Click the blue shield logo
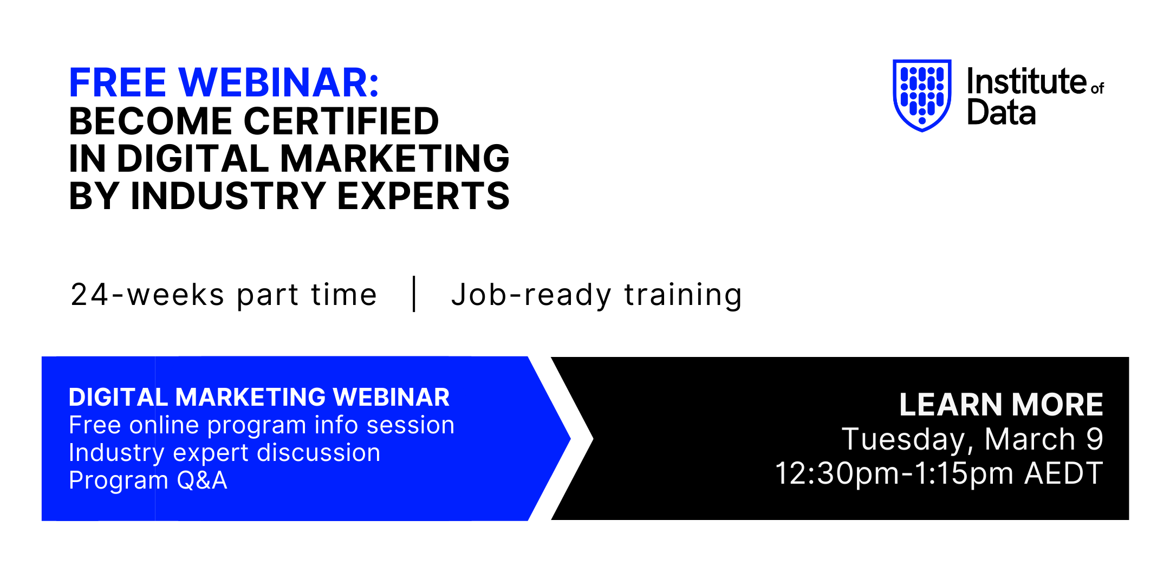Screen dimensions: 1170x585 click(x=922, y=95)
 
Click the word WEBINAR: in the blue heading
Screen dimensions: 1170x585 click(x=279, y=83)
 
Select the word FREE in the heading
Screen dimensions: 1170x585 click(x=118, y=83)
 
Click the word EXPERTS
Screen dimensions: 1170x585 click(x=424, y=196)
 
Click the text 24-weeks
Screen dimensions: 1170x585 click(x=147, y=295)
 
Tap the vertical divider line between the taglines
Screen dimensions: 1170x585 click(x=414, y=294)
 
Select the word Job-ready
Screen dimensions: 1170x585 click(x=531, y=296)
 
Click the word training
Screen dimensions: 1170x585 click(x=683, y=296)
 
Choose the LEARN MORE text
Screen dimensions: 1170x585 click(x=1001, y=404)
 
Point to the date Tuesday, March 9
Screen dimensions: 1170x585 click(x=972, y=439)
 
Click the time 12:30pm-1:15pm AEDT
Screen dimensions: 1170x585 click(x=939, y=473)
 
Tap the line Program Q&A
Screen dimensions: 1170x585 click(x=148, y=480)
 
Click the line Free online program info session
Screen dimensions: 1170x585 click(x=262, y=426)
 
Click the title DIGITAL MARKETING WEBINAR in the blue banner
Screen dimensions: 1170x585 click(x=259, y=397)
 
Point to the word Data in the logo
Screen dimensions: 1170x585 click(x=1002, y=112)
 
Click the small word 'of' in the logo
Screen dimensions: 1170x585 click(x=1097, y=88)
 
